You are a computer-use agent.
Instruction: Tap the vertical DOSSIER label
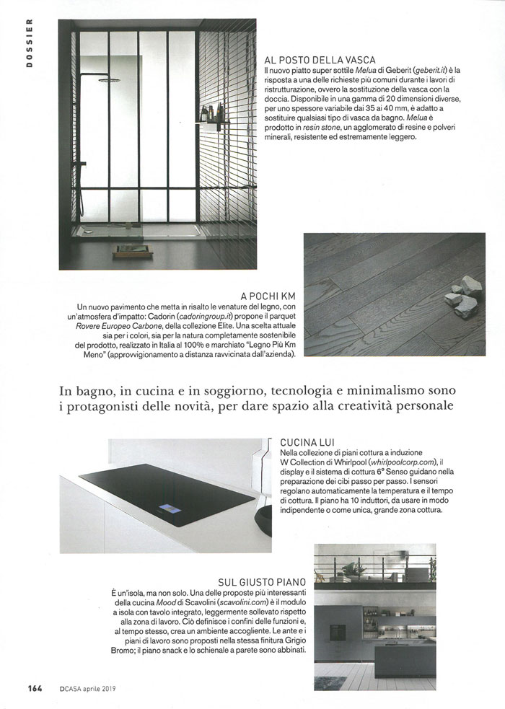[x=30, y=49]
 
